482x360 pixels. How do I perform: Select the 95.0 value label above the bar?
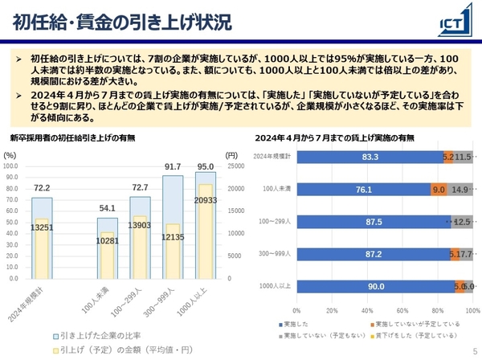coord(206,167)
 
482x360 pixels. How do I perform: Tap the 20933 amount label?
coord(206,200)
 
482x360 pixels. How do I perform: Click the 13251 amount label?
coord(42,227)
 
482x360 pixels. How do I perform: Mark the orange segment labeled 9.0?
coord(439,190)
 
